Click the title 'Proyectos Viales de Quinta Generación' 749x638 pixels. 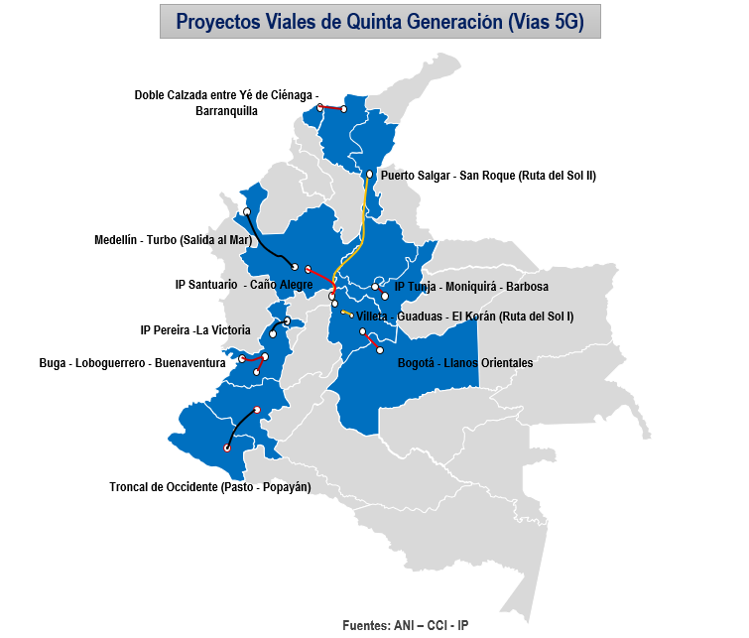(380, 21)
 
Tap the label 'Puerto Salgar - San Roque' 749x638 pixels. (487, 175)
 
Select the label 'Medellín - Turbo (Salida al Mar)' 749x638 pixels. (174, 240)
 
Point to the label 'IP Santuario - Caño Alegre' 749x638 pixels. (243, 285)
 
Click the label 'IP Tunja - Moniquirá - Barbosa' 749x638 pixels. (471, 287)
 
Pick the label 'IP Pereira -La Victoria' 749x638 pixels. (195, 330)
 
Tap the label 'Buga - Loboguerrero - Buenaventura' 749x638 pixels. (132, 363)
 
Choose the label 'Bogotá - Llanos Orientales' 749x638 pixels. (464, 363)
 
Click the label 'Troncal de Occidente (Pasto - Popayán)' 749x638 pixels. (209, 486)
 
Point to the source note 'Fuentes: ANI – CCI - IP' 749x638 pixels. (405, 626)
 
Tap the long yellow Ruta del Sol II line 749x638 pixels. (364, 223)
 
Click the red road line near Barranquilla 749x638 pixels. (331, 108)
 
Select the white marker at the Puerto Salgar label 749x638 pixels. (370, 175)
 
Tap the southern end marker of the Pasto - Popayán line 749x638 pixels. (227, 448)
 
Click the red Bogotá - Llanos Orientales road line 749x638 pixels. (372, 340)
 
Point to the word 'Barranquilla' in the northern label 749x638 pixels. (227, 111)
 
